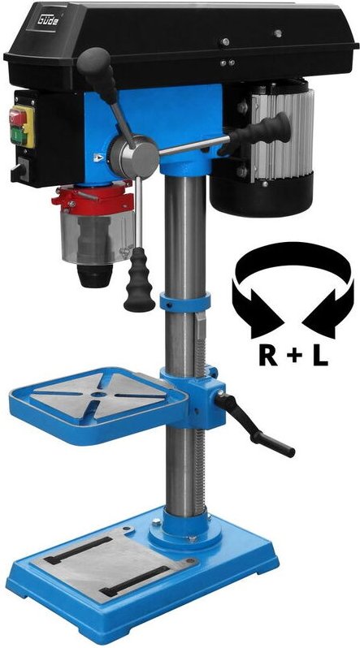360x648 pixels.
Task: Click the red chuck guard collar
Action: coord(91,198)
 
